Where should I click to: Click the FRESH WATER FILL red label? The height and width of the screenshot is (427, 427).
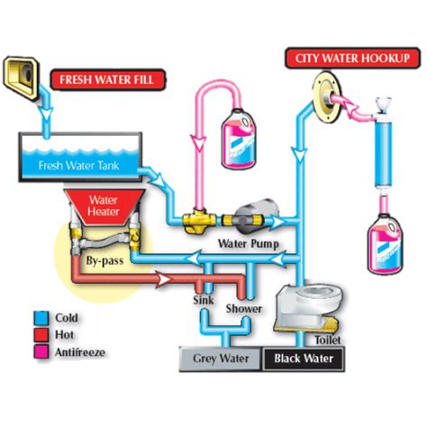(108, 79)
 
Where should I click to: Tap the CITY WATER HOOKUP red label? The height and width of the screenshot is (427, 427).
(352, 59)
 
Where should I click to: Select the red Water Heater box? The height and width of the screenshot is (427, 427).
(104, 207)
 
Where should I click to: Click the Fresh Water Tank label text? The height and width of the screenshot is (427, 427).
(79, 166)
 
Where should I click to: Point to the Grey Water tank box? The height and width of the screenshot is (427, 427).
(221, 359)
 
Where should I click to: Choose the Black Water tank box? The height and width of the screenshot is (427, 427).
(304, 359)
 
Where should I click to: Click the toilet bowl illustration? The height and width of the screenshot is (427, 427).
(309, 308)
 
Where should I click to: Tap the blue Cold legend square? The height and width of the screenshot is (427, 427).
(41, 318)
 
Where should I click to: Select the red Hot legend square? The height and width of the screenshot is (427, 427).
(41, 335)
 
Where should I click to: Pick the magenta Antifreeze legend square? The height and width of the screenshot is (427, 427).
(41, 351)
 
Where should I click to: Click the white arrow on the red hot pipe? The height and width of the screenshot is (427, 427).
(164, 280)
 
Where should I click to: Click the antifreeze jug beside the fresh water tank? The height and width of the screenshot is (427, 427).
(239, 138)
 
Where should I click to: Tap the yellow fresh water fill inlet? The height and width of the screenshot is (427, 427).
(21, 78)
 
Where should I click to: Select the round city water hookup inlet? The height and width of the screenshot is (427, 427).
(327, 97)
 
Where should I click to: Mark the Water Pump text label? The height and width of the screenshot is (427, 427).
(249, 243)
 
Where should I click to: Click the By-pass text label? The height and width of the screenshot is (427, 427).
(104, 260)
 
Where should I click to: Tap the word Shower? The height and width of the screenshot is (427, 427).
(243, 308)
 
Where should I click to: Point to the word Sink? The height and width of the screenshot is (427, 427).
(204, 300)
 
